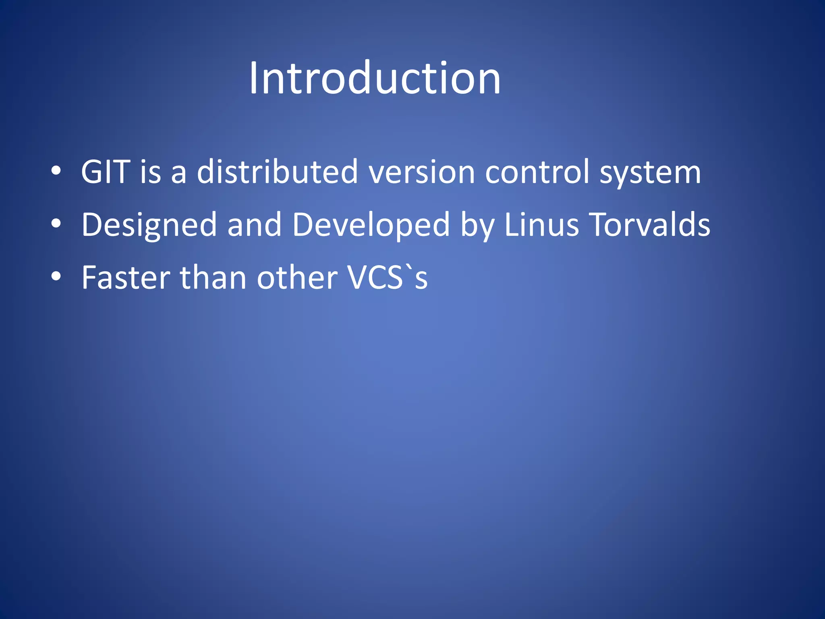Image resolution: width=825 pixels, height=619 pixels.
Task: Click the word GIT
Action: pyautogui.click(x=106, y=172)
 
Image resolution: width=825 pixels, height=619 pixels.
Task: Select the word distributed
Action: pyautogui.click(x=277, y=172)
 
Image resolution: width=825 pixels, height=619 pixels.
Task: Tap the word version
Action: pyautogui.click(x=422, y=172)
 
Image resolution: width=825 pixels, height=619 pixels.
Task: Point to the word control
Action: pyautogui.click(x=537, y=172)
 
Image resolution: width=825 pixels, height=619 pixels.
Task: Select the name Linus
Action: pyautogui.click(x=541, y=224)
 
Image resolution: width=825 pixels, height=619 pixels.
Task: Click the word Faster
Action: pyautogui.click(x=126, y=278)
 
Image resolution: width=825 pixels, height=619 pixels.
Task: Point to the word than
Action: pyautogui.click(x=213, y=278)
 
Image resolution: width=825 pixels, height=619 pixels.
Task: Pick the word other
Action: pyautogui.click(x=297, y=278)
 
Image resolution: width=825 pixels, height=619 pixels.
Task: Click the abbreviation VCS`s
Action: pyautogui.click(x=387, y=278)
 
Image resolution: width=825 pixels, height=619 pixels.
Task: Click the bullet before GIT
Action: pyautogui.click(x=56, y=171)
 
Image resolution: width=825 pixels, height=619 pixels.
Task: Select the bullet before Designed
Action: pyautogui.click(x=56, y=224)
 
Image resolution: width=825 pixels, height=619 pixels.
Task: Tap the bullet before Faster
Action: pyautogui.click(x=56, y=276)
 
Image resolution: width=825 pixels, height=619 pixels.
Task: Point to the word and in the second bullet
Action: pyautogui.click(x=254, y=224)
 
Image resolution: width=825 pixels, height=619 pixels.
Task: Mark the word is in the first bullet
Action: pyautogui.click(x=150, y=172)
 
